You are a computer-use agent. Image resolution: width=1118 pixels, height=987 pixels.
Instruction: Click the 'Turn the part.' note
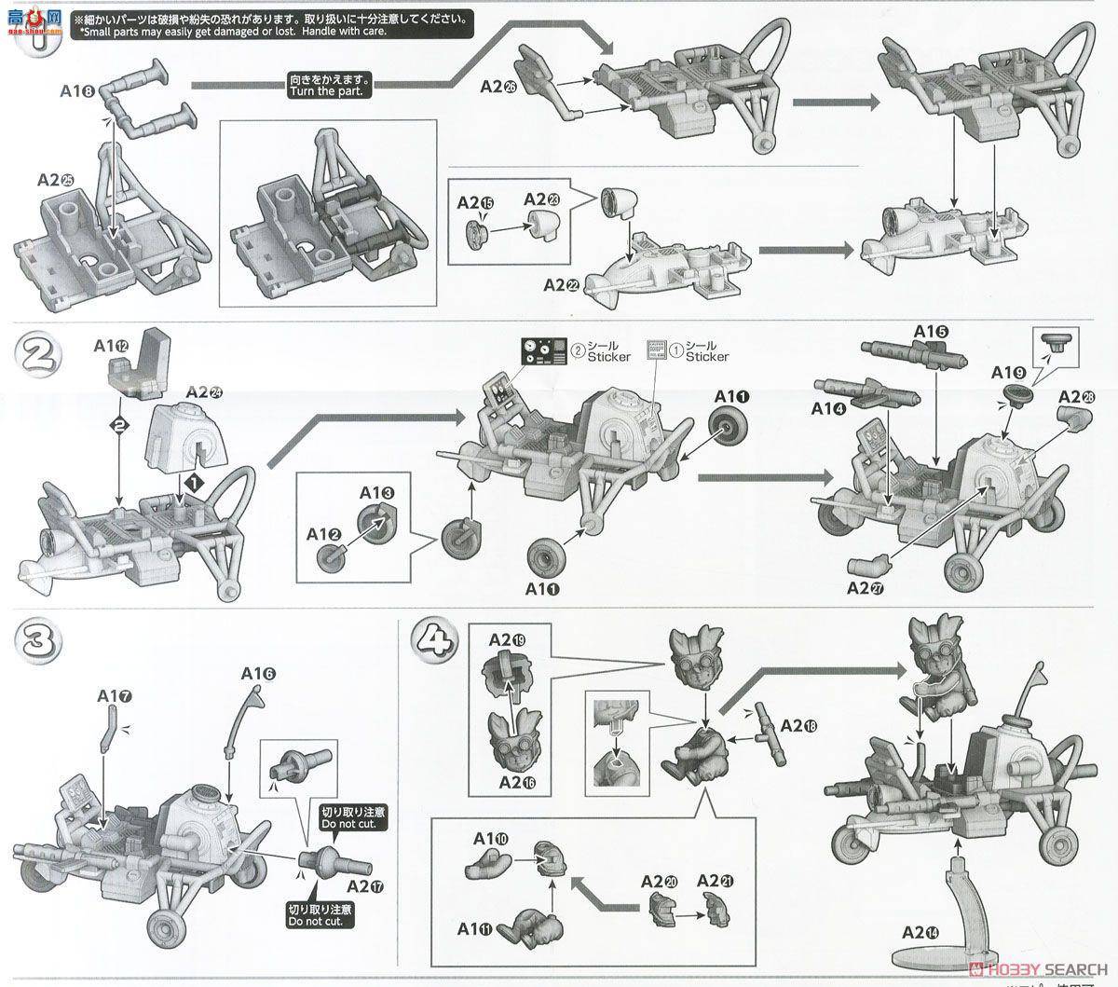(331, 86)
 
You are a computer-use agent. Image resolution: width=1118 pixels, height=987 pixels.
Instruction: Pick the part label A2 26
(499, 86)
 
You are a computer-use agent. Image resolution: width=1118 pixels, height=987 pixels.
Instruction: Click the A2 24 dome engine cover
(190, 433)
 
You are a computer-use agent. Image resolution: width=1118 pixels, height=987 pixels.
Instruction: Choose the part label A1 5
(931, 331)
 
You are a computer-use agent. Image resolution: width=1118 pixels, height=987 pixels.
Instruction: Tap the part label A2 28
(1076, 395)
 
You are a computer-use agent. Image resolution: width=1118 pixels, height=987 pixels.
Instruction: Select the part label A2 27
(866, 588)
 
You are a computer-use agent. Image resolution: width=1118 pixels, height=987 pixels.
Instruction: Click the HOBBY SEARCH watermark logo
(1035, 966)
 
